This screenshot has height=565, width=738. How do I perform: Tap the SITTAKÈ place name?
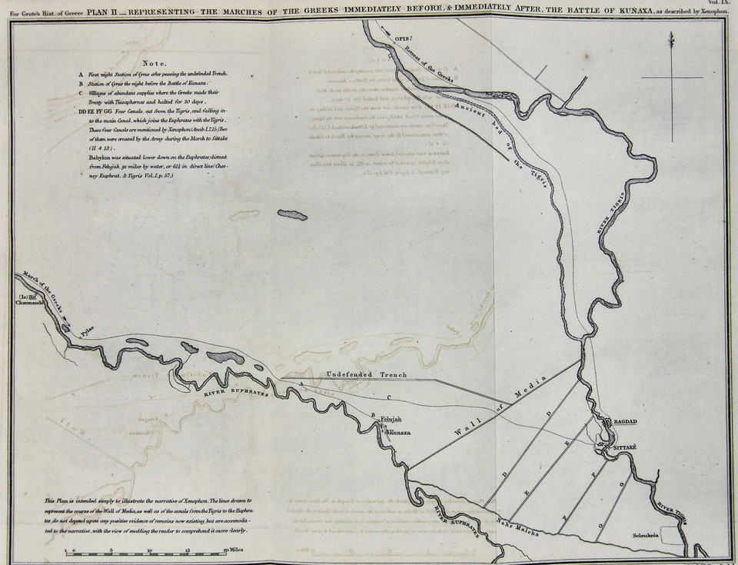click(627, 447)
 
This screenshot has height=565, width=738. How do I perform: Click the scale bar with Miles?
click(146, 550)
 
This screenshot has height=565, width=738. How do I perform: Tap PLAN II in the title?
click(103, 6)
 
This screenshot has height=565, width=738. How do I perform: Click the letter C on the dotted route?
click(389, 397)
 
